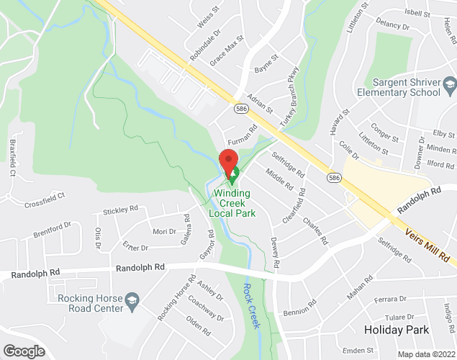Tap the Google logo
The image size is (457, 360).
[23, 351]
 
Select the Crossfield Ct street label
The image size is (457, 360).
[44, 195]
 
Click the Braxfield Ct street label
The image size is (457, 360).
[12, 159]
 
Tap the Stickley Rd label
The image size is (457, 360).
[120, 209]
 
